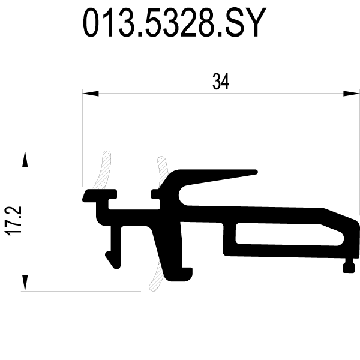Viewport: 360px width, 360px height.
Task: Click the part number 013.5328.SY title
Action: click(x=175, y=22)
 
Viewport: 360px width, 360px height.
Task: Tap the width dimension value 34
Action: click(x=221, y=82)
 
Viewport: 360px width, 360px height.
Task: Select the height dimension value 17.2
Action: click(x=13, y=221)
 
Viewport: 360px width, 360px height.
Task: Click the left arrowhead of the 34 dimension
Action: click(x=91, y=94)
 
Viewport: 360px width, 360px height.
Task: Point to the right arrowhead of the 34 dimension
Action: click(x=351, y=94)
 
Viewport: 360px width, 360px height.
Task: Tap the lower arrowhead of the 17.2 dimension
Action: click(x=25, y=283)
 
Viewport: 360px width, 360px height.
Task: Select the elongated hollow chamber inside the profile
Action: click(x=289, y=234)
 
